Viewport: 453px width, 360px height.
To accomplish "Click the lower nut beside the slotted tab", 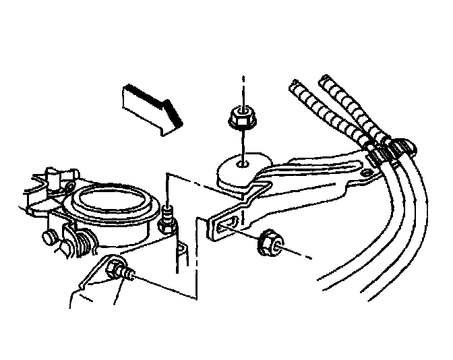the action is point(269,243).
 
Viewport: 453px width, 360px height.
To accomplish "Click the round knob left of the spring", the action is point(49,237).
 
